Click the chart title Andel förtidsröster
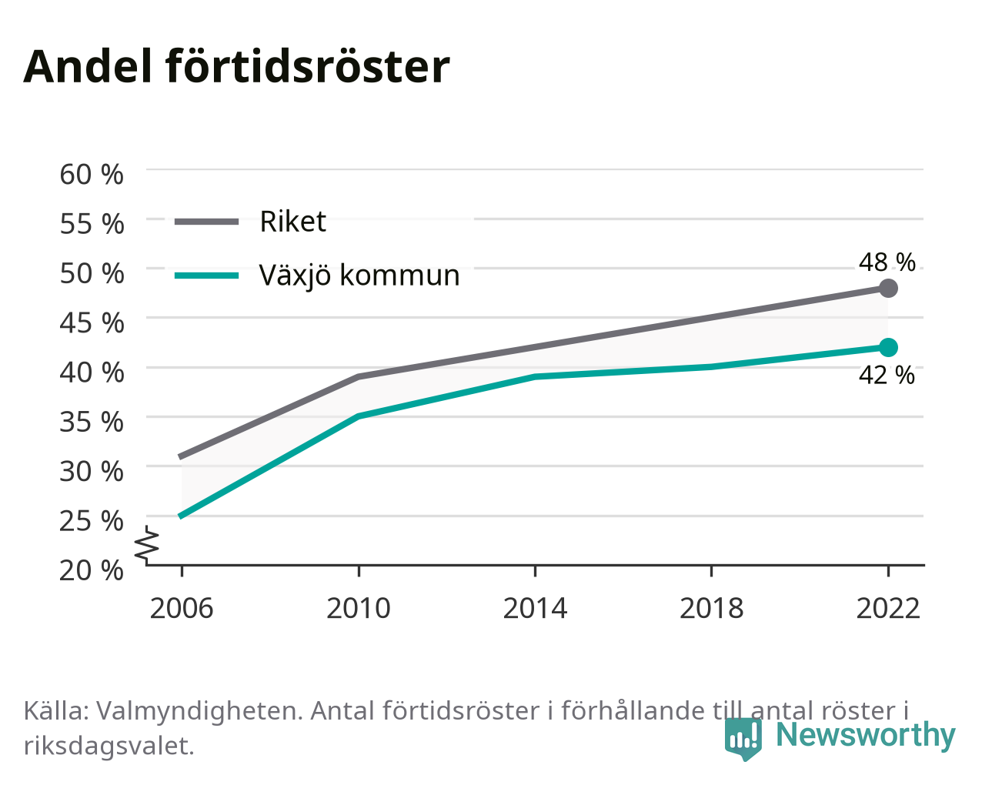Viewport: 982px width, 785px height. click(x=236, y=68)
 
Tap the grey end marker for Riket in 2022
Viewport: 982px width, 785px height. click(x=888, y=289)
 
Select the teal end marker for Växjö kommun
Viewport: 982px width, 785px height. click(x=888, y=348)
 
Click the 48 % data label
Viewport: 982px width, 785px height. click(x=887, y=262)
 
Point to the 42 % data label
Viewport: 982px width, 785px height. click(x=887, y=375)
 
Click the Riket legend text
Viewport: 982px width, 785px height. click(x=293, y=222)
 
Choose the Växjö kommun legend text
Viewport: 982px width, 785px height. click(x=359, y=276)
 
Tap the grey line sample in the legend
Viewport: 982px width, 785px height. click(x=207, y=222)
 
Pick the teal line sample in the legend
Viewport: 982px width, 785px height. click(x=207, y=276)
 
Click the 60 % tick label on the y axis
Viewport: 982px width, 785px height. click(x=92, y=175)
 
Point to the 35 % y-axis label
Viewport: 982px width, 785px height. click(x=92, y=422)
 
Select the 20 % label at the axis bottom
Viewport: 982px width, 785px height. click(x=92, y=570)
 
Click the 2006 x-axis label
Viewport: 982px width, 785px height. click(x=182, y=608)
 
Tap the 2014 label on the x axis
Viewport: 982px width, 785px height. click(x=535, y=608)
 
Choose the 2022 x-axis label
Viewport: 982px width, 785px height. click(x=888, y=608)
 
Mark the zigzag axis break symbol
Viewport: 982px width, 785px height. click(x=147, y=543)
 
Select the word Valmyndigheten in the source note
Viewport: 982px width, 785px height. click(x=199, y=711)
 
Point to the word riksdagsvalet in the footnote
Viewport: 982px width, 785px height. click(x=109, y=747)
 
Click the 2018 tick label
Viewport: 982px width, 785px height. click(x=711, y=608)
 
